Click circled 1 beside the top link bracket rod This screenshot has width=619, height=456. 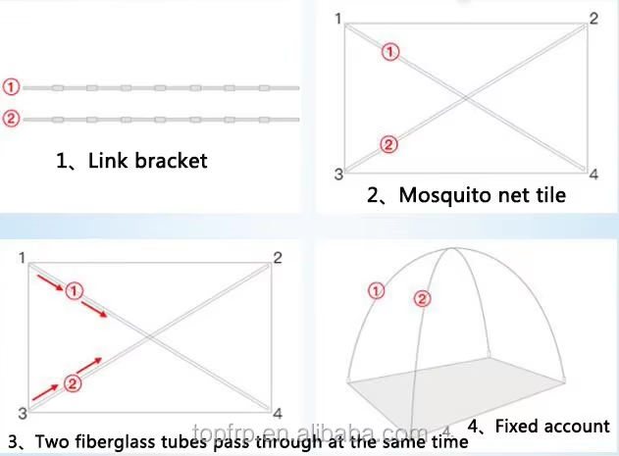[11, 86]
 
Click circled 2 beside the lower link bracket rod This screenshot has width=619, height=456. [11, 120]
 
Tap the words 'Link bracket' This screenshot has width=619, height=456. [147, 160]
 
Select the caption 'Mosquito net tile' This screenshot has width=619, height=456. [482, 195]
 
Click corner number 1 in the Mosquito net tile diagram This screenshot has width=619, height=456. [338, 19]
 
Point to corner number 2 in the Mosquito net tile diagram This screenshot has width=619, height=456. [593, 19]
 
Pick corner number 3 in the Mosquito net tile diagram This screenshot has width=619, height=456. [338, 175]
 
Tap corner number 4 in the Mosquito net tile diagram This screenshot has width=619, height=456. [593, 175]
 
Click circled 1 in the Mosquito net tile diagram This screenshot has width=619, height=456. [389, 53]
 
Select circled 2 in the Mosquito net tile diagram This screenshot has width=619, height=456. [388, 145]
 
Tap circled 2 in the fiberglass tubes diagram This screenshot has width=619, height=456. [72, 383]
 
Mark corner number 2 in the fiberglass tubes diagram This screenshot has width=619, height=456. [279, 258]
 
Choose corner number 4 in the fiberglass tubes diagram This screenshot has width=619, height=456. [279, 413]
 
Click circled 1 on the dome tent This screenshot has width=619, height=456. [375, 289]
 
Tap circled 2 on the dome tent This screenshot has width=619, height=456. [422, 299]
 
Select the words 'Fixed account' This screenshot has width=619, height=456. [552, 427]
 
